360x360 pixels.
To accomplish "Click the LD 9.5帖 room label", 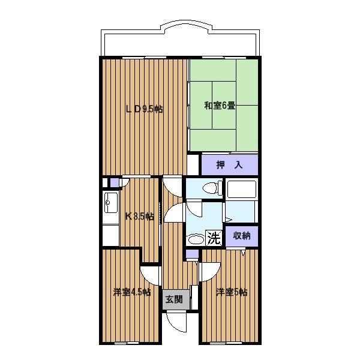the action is (145, 109).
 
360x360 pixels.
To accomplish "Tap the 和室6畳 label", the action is (220, 106).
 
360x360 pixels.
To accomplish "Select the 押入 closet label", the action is (229, 165).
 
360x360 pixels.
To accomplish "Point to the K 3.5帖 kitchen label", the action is (139, 217).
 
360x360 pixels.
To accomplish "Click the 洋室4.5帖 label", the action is (132, 292).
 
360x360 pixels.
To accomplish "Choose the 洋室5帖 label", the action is (232, 292).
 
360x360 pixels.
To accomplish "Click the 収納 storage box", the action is (242, 236).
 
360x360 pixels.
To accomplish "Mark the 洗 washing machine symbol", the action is (214, 238).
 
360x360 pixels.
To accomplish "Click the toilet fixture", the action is (212, 188).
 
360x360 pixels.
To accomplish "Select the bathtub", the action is (241, 190).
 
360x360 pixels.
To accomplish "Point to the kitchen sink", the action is (111, 203).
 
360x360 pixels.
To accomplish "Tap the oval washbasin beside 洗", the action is (196, 239).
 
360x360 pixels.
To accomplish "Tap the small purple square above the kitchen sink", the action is (115, 183).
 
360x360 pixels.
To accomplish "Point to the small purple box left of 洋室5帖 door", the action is (192, 254).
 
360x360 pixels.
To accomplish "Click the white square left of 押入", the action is (193, 164).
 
